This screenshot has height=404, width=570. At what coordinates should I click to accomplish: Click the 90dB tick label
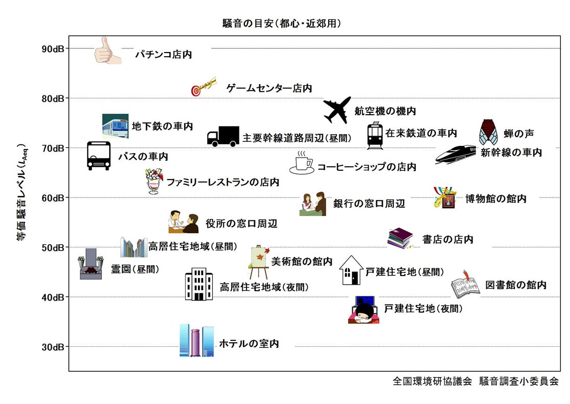[53, 49]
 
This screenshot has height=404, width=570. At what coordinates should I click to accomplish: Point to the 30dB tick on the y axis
[53, 347]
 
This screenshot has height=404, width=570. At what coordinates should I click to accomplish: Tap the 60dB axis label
[53, 198]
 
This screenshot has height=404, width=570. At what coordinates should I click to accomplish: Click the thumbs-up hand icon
[107, 50]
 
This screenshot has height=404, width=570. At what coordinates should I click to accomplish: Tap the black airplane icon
[337, 110]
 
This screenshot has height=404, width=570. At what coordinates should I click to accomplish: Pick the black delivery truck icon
[223, 136]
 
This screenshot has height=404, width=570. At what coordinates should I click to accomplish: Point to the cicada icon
[488, 133]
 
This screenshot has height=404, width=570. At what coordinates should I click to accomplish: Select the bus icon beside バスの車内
[98, 156]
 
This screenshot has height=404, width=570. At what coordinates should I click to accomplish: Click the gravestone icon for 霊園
[91, 264]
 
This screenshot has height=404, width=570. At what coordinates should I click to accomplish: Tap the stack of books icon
[400, 238]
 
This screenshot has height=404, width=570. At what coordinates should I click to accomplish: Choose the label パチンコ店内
[163, 55]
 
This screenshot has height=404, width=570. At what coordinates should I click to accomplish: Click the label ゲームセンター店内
[269, 88]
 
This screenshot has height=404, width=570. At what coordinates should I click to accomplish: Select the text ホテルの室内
[249, 344]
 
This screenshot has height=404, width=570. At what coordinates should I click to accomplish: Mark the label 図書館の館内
[515, 285]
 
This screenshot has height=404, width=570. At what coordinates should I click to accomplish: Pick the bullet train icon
[455, 154]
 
